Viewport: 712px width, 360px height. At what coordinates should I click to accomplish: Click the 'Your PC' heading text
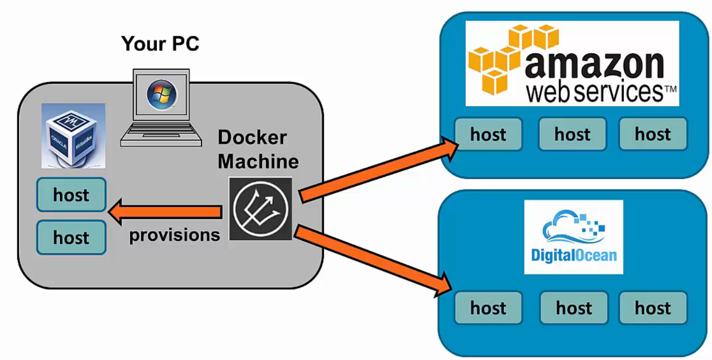tap(160, 44)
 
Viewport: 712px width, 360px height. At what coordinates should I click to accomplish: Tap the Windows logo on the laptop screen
tap(161, 95)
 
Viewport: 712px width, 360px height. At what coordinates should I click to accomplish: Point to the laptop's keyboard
tap(161, 133)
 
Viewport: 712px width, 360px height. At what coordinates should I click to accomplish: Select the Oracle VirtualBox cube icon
tap(73, 136)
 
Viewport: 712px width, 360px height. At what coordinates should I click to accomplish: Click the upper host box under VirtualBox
tap(71, 195)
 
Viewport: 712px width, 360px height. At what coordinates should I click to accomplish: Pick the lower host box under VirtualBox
tap(71, 237)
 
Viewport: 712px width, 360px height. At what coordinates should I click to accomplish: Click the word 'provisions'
tap(174, 235)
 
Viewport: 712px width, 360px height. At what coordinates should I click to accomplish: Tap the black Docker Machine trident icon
tap(260, 208)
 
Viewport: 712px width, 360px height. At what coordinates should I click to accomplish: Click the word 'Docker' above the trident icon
tap(252, 137)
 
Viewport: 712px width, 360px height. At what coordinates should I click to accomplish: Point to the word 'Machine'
tap(258, 161)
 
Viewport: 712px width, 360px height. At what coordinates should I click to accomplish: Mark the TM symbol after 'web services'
tap(670, 89)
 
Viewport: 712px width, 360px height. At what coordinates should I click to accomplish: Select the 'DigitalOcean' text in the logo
tap(573, 255)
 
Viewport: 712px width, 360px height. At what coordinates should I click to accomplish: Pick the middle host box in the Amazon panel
tap(572, 134)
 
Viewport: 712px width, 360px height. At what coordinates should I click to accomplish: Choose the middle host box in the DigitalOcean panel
tap(573, 308)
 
